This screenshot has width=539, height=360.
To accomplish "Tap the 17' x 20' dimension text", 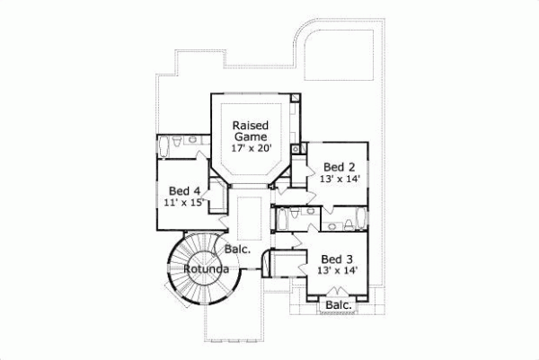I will tap(251, 147).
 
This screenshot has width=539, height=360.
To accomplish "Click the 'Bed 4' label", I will tap(184, 190).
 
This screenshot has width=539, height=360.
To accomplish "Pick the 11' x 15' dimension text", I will tap(186, 203).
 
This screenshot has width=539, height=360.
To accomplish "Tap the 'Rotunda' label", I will tap(204, 268).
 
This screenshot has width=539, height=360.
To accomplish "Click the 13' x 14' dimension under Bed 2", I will tap(340, 179).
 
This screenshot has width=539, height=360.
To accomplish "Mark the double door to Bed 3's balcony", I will tap(337, 291).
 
